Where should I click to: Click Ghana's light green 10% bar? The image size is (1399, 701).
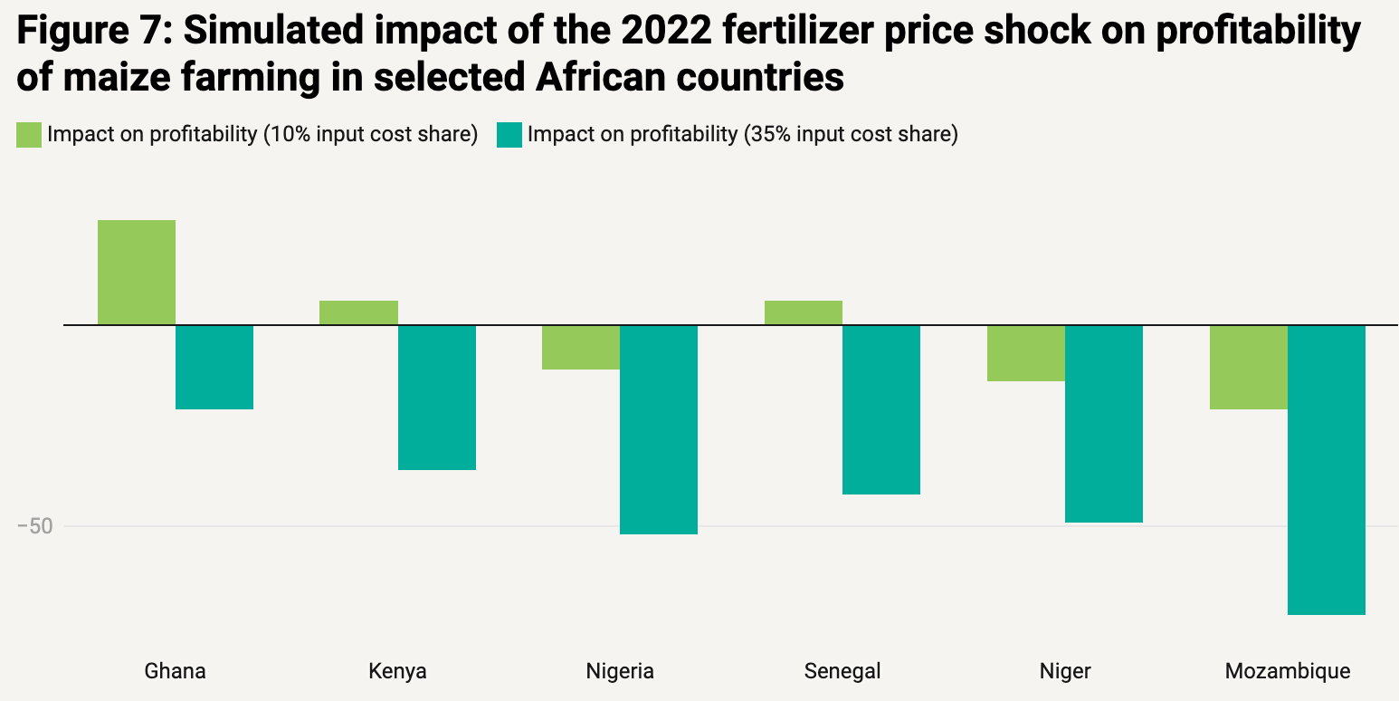[137, 272]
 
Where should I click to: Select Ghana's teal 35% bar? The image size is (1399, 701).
[214, 367]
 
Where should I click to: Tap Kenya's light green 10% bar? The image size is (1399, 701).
[359, 312]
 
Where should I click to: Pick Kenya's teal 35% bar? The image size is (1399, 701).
[437, 397]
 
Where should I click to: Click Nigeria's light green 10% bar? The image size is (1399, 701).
[581, 347]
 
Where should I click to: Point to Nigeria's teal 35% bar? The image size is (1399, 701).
[659, 429]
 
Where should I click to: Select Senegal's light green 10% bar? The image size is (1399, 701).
[804, 312]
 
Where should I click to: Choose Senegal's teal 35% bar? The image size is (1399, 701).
[881, 409]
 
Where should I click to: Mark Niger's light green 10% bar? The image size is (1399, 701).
[1026, 353]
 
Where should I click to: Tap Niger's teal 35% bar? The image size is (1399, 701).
[1104, 423]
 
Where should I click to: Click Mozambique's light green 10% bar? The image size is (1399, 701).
[1249, 367]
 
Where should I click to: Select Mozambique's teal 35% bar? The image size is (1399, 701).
[1327, 469]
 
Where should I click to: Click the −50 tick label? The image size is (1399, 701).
[35, 526]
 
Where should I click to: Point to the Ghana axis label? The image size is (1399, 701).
[176, 671]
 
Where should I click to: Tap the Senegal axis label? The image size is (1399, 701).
[842, 671]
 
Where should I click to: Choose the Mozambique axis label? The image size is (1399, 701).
[1288, 671]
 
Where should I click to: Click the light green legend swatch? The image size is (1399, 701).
[29, 135]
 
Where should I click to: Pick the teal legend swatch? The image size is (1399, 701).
[509, 135]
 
